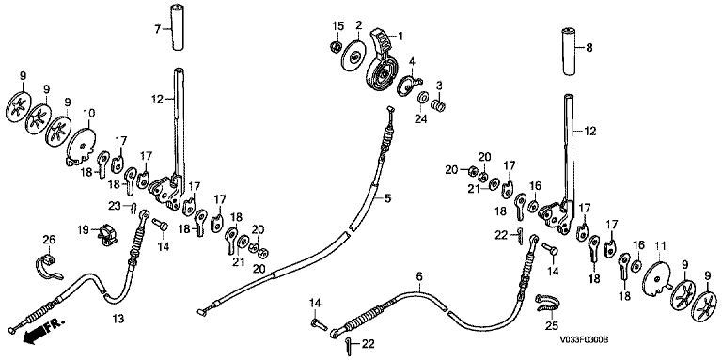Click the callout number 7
tap(158, 29)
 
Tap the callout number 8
tap(589, 47)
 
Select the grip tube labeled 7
tap(178, 28)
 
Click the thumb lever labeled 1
tap(382, 60)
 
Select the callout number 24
tap(421, 118)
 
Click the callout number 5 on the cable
tap(387, 199)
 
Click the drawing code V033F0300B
tap(584, 340)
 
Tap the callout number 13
tap(118, 318)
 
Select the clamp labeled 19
tap(107, 232)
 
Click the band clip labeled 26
tap(48, 268)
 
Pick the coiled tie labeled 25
tap(548, 303)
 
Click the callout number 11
tap(660, 247)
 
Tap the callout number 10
tap(88, 113)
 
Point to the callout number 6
tap(419, 276)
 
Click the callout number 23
tap(114, 205)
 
